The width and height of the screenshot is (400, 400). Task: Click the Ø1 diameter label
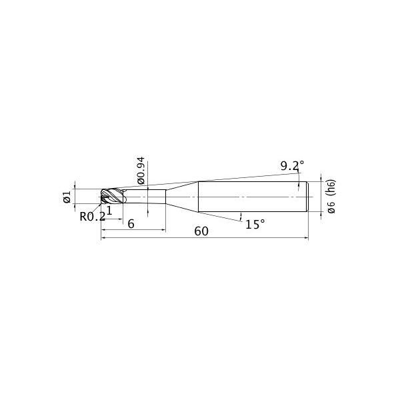[x=67, y=197]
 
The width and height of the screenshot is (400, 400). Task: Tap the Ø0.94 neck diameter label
[x=141, y=171]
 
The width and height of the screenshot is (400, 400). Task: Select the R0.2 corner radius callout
[x=93, y=217]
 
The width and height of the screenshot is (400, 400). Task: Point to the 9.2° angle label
[x=292, y=166]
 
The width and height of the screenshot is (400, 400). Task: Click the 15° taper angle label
[x=255, y=224]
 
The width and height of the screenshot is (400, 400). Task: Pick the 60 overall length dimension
[x=201, y=231]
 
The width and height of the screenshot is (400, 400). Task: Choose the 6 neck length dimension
[x=131, y=224]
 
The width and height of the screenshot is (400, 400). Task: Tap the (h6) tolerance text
[x=331, y=188]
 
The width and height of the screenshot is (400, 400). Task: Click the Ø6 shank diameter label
[x=331, y=207]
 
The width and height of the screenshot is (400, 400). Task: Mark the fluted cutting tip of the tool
[x=112, y=196]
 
